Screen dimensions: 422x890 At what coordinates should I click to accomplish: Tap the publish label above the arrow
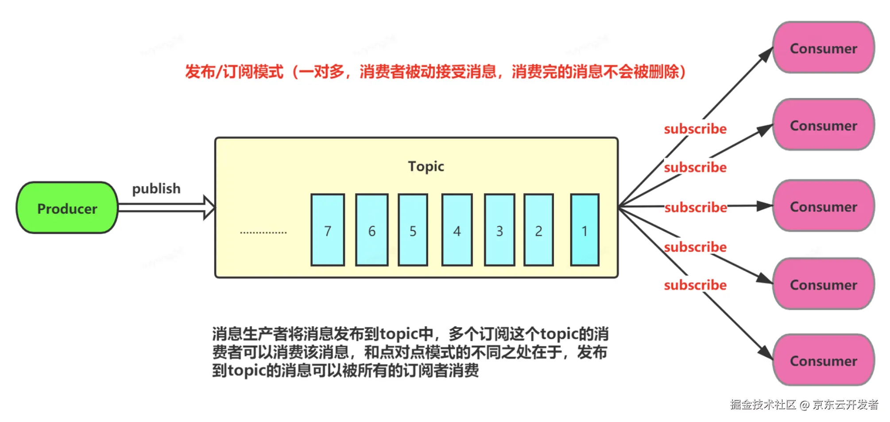(156, 189)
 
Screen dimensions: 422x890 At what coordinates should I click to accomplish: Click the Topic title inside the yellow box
(426, 166)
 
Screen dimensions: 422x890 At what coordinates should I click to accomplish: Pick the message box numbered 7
(328, 230)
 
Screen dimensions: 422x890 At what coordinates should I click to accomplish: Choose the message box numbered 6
(372, 230)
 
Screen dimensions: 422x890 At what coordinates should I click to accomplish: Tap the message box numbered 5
(413, 230)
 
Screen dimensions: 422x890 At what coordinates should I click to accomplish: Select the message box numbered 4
(457, 230)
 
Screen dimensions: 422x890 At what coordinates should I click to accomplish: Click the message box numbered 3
(499, 230)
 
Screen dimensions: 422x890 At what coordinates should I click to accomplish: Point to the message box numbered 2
(538, 230)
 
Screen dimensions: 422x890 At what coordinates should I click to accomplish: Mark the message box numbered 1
(584, 230)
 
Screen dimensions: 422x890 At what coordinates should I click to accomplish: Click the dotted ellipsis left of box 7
(263, 232)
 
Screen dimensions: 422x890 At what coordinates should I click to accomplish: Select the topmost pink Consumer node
(824, 48)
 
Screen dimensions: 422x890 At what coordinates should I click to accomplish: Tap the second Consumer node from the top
(824, 125)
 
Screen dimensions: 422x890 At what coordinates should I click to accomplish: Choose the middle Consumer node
(824, 206)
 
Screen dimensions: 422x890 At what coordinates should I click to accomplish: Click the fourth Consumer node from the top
(824, 284)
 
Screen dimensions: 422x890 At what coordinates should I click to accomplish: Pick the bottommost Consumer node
(824, 360)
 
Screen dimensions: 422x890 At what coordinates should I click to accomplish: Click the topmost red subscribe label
(695, 129)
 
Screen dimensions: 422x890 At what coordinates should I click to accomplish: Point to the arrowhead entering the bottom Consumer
(766, 353)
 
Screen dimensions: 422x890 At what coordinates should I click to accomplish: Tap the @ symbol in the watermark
(805, 405)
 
